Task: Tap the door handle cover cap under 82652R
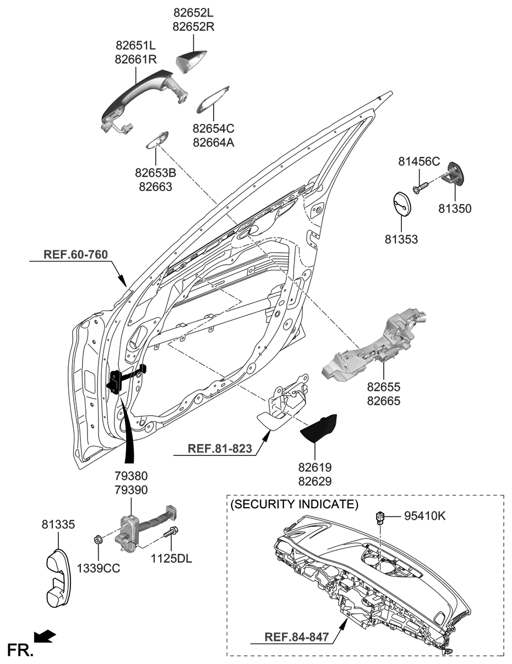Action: tap(192, 60)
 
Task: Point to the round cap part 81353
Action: tap(404, 205)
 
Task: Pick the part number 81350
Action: tap(455, 209)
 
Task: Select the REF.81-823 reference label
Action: tap(220, 448)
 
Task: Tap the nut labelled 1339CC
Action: tap(97, 538)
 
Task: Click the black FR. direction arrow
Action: tap(45, 637)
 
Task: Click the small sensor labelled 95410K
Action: tap(379, 516)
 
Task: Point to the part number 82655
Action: tap(383, 388)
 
